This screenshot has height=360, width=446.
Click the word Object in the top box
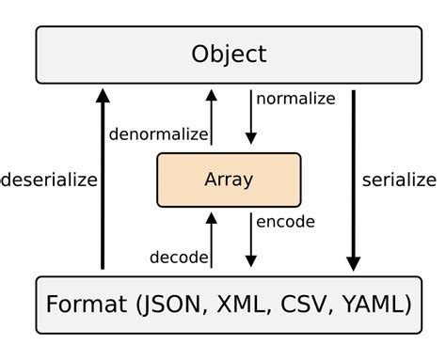coord(229,54)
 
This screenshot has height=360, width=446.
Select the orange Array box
coord(229,180)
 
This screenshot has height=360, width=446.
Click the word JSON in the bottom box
coord(175,305)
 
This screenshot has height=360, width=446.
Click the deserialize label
coord(49,180)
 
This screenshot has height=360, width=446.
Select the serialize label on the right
coord(399,180)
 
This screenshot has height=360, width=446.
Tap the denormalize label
coord(157,134)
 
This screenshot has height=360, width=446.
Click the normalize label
coord(296,98)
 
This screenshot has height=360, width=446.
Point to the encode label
coord(285,222)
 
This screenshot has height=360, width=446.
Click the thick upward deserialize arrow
coord(104,179)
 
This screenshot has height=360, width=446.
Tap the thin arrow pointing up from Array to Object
coord(212,118)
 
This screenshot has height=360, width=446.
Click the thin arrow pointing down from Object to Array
coord(250,117)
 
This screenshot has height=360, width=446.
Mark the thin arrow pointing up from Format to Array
coord(212,241)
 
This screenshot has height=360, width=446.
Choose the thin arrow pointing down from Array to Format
coord(250,239)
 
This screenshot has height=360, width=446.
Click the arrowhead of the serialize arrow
coord(354,262)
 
